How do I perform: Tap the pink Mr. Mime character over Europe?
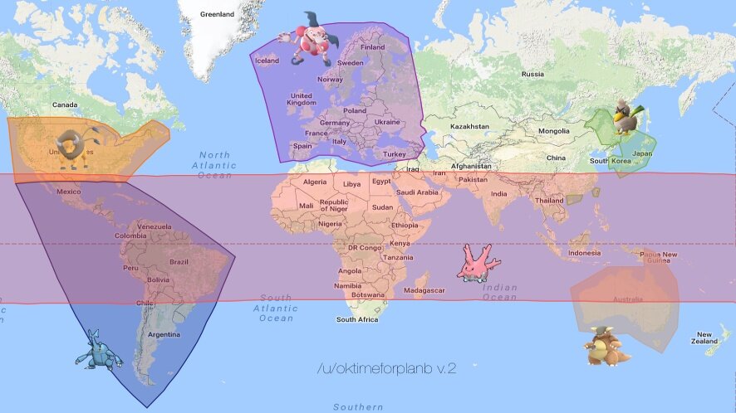pyautogui.click(x=308, y=39)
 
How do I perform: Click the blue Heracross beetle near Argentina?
pyautogui.click(x=98, y=351)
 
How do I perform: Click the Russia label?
pyautogui.click(x=532, y=74)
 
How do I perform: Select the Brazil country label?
pyautogui.click(x=178, y=261)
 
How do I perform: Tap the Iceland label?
pyautogui.click(x=267, y=61)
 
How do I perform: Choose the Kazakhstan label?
pyautogui.click(x=469, y=126)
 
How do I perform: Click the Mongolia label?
pyautogui.click(x=553, y=131)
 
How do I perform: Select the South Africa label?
pyautogui.click(x=356, y=319)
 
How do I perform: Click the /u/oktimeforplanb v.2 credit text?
pyautogui.click(x=386, y=367)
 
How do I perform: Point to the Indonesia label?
pyautogui.click(x=584, y=252)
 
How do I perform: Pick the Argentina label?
pyautogui.click(x=162, y=334)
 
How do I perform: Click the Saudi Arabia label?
pyautogui.click(x=415, y=192)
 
